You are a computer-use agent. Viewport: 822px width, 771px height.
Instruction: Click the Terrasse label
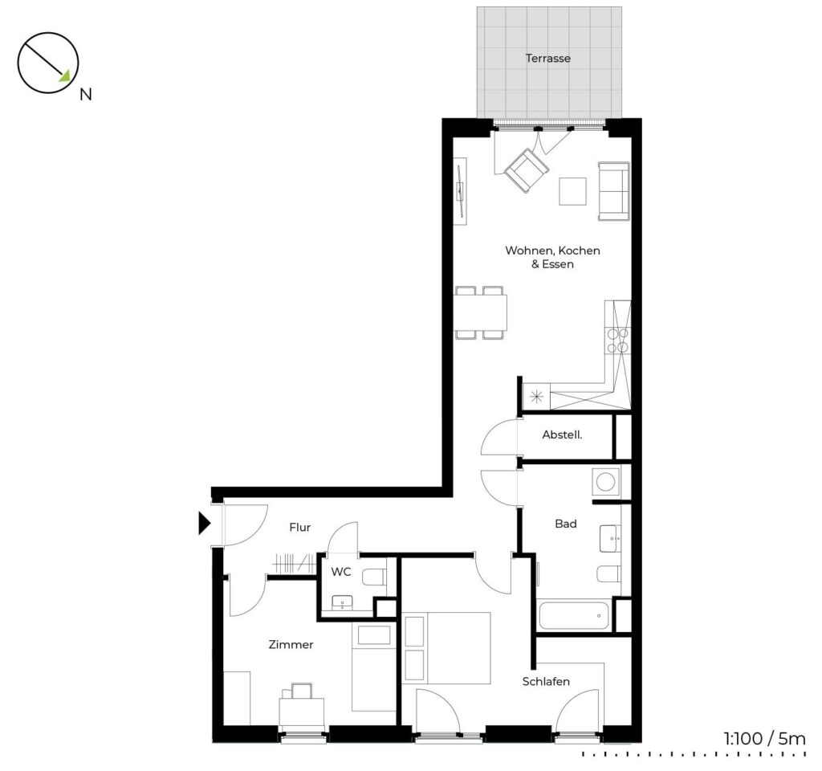coord(547,58)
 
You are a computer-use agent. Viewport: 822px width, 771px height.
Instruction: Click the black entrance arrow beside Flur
coord(205,524)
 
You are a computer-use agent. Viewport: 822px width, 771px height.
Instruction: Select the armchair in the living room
coord(527,170)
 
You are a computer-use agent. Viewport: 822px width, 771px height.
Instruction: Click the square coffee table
coord(572,191)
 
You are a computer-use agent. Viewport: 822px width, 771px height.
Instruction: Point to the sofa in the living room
coord(614,191)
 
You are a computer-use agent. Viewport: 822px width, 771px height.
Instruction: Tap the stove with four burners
coord(617,340)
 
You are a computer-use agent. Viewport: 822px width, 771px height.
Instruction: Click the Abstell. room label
coord(562,434)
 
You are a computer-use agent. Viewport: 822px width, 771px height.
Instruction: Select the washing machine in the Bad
coord(605,482)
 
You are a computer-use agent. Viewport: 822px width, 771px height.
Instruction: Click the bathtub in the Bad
coord(573,614)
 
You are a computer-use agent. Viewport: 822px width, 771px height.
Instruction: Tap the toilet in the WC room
coord(374,577)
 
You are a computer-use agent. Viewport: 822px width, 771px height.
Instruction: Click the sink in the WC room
coord(342,602)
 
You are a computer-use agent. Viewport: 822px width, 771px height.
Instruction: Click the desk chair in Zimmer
coord(302,691)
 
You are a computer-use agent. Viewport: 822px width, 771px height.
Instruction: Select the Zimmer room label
coord(291,645)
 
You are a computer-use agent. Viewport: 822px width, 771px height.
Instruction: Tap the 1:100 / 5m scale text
coord(764,739)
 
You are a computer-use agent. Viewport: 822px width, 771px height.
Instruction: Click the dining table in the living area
coord(481,312)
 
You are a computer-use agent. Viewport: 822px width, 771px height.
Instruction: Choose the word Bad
coord(566,524)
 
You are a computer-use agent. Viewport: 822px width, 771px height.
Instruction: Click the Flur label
coord(300,527)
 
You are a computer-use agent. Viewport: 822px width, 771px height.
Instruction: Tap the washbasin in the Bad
coord(610,539)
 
